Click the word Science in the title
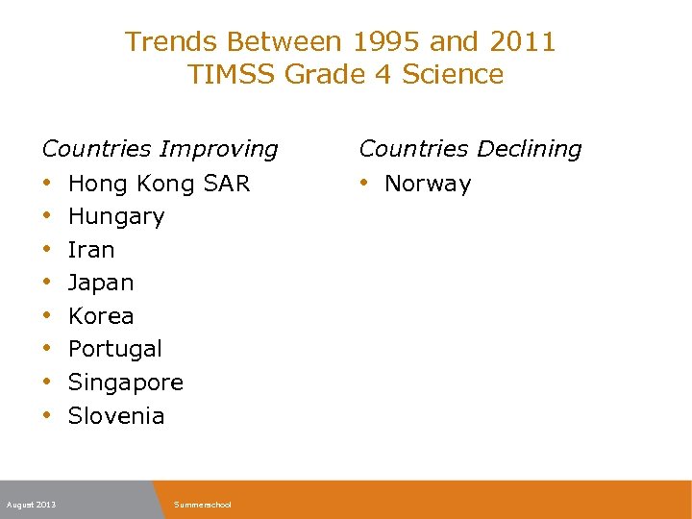click(453, 75)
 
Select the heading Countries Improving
click(161, 149)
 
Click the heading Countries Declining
click(470, 149)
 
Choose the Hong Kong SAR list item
click(159, 184)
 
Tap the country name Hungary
click(116, 217)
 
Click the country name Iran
click(91, 250)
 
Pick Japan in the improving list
click(101, 284)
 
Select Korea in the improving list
click(101, 316)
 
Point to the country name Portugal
click(115, 349)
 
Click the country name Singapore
click(126, 383)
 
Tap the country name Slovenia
click(116, 416)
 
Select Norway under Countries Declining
click(428, 184)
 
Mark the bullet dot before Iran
click(47, 249)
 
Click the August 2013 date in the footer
click(31, 505)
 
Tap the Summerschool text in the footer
click(203, 505)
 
